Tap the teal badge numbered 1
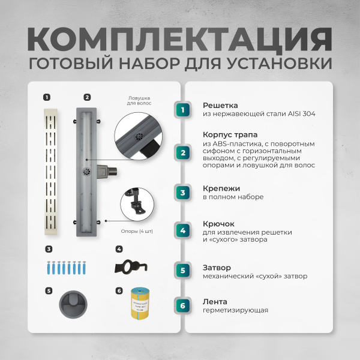tap(183, 109)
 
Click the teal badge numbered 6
tap(183, 305)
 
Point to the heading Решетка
tap(220, 104)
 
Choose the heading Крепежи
tap(221, 187)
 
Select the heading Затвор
tap(217, 267)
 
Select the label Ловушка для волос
tap(139, 100)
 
